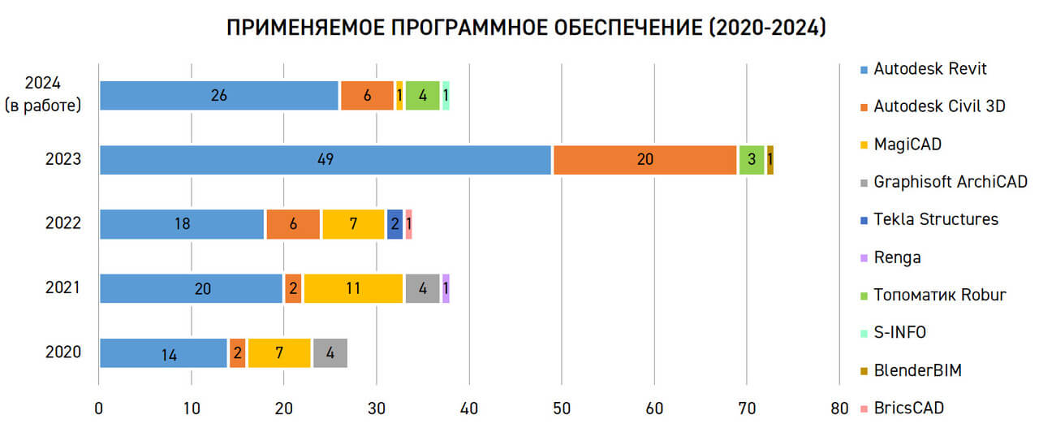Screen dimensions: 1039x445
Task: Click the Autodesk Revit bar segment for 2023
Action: point(325,160)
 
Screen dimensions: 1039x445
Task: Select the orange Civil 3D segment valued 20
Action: point(645,160)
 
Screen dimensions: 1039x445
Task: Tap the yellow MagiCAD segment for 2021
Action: point(353,288)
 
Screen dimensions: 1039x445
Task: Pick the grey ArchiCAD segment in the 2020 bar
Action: point(330,353)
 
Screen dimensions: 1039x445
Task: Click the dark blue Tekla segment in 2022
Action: point(394,224)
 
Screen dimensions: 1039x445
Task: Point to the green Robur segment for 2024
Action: point(423,96)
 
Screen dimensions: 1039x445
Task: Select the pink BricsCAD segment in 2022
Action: point(408,224)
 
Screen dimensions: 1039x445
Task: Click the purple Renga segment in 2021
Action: point(446,288)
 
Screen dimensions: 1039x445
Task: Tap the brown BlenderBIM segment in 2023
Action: point(770,160)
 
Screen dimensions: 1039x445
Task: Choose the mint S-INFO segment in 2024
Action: point(446,96)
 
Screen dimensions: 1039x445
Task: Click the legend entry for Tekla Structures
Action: point(929,219)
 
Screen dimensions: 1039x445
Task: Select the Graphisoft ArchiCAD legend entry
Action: point(944,182)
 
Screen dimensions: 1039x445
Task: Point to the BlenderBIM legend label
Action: point(918,370)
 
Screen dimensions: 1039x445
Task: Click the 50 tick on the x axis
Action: point(562,408)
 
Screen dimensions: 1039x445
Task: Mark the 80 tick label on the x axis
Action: point(839,408)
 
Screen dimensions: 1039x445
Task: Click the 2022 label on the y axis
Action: point(63,223)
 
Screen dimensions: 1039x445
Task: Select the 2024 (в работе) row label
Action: point(43,94)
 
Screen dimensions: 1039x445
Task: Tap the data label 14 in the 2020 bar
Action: point(170,356)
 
